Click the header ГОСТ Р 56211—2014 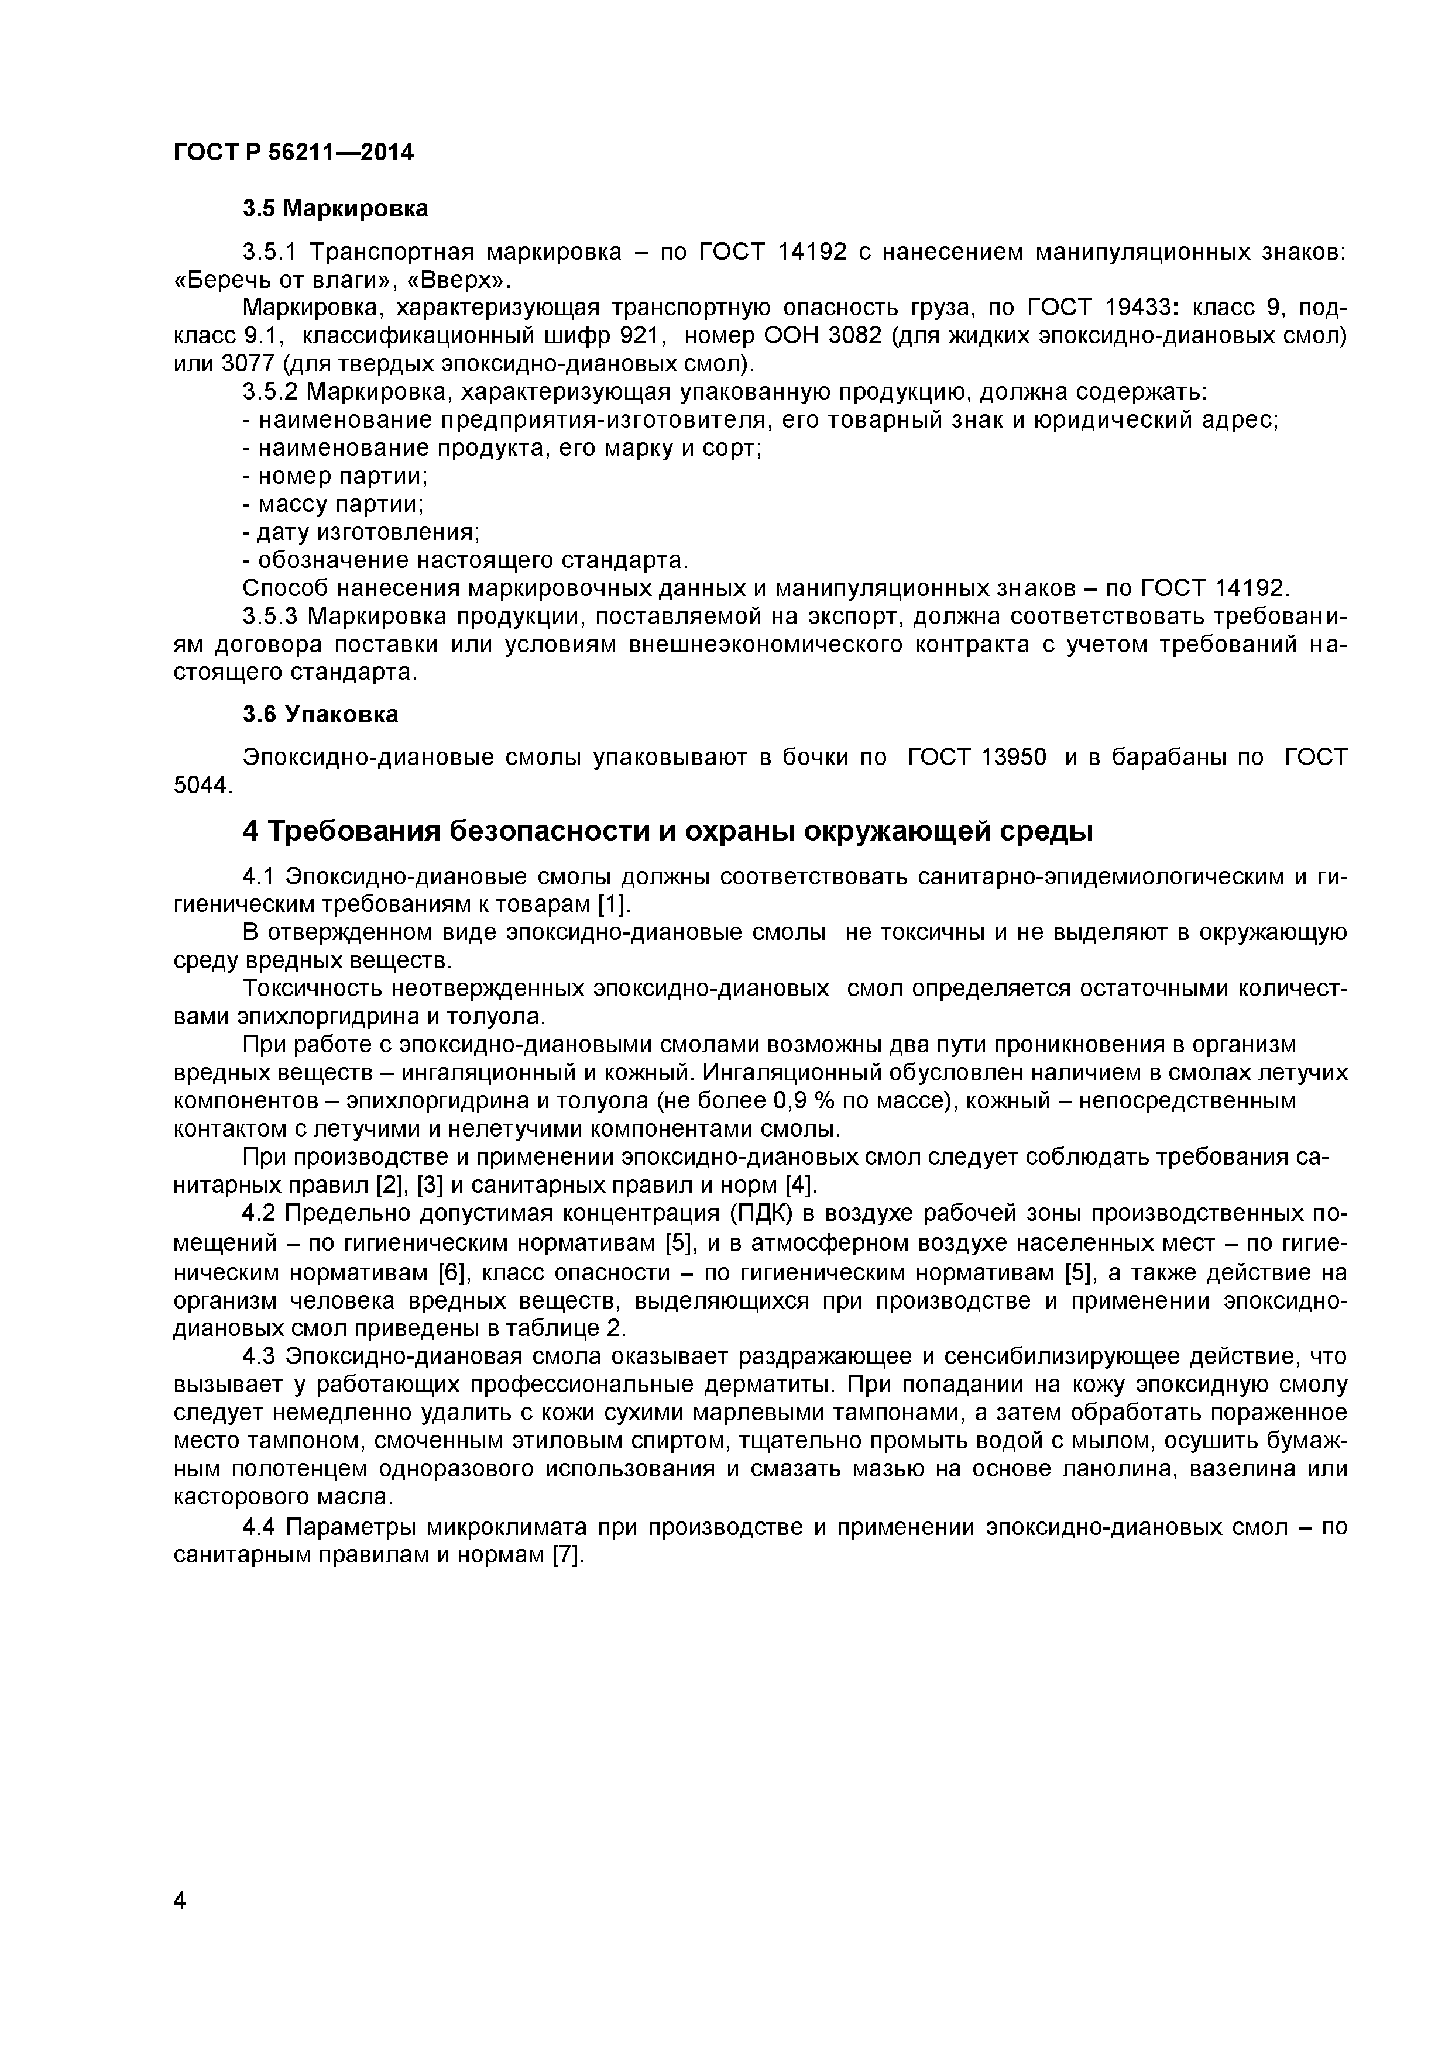(x=293, y=153)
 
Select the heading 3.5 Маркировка (x=335, y=209)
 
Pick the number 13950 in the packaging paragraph (x=1014, y=758)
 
